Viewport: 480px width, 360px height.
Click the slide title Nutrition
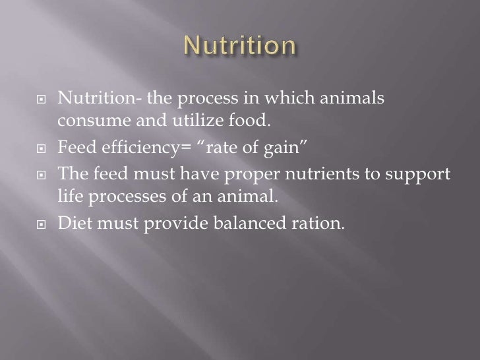(239, 47)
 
